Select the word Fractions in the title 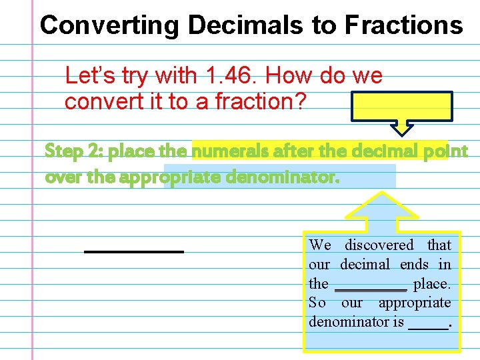tap(403, 25)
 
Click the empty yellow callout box tap(402, 106)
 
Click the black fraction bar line tap(133, 251)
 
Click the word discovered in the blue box tap(379, 245)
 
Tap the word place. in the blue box tap(431, 284)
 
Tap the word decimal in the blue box tap(367, 265)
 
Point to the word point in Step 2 tap(445, 151)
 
